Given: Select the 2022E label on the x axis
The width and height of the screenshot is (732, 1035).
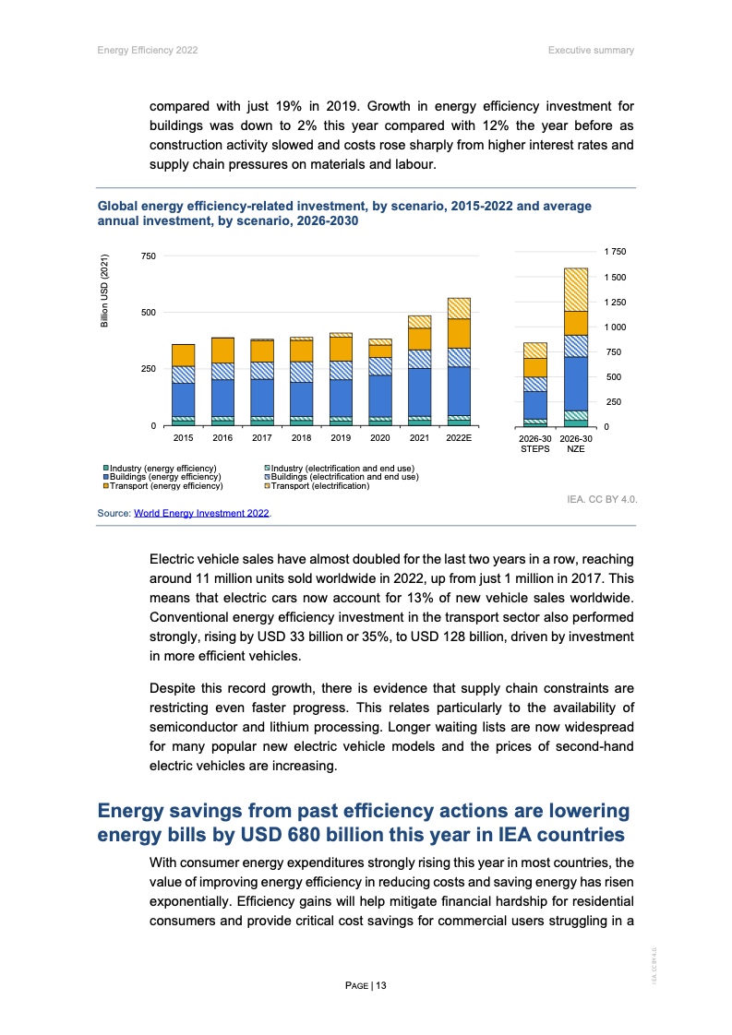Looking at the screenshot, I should (459, 438).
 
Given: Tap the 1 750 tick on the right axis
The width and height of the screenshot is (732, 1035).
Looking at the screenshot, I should (615, 252).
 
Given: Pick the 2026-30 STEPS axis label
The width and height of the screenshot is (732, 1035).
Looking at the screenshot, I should (535, 443).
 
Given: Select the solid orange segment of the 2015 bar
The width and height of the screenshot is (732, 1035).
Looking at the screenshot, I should (183, 355).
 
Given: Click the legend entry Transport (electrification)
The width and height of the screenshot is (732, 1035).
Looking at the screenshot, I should (318, 485).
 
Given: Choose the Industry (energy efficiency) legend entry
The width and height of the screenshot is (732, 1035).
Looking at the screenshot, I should (164, 469).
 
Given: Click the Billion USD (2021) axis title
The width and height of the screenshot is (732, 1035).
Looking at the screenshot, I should (105, 290).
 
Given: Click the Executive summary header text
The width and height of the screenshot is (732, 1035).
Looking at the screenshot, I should (590, 49).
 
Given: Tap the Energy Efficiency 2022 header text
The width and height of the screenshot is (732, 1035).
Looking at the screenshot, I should (148, 49).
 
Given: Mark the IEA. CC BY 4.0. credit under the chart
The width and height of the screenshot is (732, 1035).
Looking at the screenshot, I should (602, 499).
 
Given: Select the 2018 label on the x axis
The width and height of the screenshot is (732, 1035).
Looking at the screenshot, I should (301, 438).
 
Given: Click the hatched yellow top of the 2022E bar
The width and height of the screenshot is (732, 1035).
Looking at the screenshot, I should (459, 308).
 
